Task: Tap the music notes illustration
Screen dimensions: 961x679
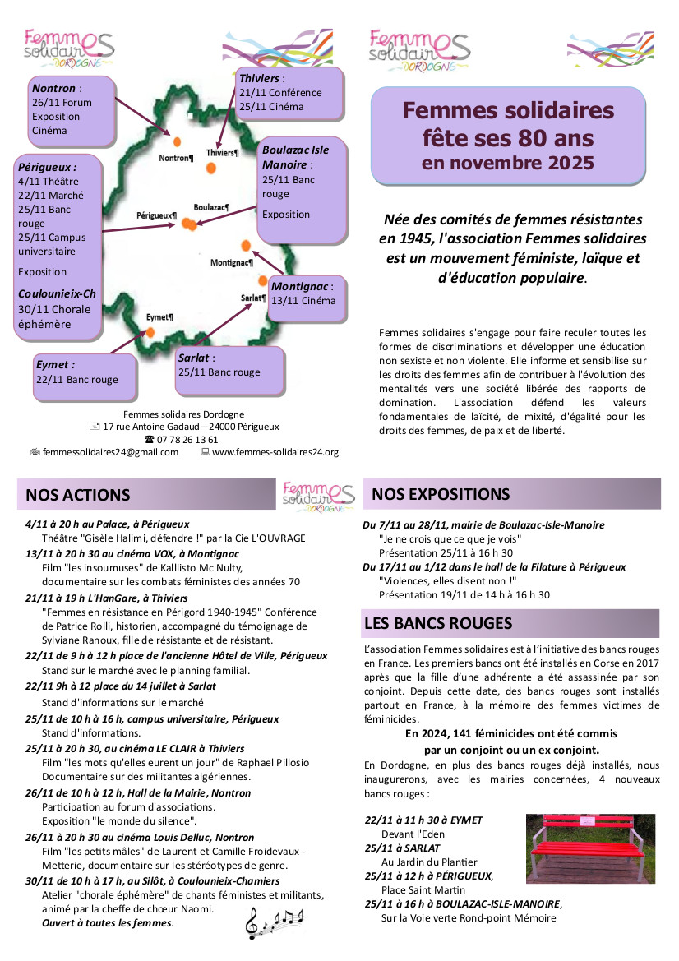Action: (275, 922)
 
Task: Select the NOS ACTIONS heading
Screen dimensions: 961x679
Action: (78, 495)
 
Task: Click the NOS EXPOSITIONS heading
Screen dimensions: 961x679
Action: (441, 494)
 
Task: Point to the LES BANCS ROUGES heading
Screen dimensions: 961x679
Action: (438, 624)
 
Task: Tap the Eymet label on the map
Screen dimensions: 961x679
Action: (159, 316)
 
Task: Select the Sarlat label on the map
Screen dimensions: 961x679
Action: (252, 298)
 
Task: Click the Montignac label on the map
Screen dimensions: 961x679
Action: (231, 262)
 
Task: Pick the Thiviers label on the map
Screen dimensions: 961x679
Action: (222, 153)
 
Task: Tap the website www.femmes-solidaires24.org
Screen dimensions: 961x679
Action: (275, 452)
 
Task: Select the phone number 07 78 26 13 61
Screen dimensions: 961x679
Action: (187, 440)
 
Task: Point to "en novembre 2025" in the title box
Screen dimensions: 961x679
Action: (507, 162)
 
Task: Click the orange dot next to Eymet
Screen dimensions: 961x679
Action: (150, 331)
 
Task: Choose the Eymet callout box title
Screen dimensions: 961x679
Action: (55, 364)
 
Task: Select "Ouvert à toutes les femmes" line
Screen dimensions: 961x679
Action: (108, 923)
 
